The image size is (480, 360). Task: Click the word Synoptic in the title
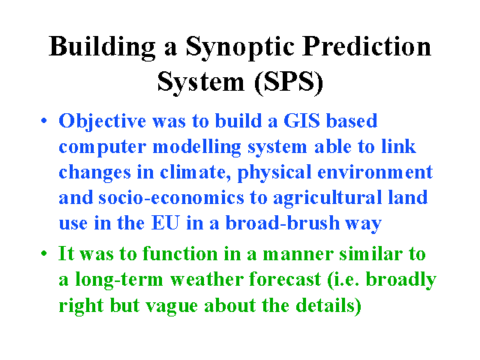click(240, 47)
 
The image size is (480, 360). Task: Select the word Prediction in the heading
click(367, 46)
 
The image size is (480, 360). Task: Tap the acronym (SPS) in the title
click(288, 82)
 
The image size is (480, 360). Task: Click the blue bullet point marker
click(44, 120)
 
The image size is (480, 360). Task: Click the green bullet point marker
click(44, 253)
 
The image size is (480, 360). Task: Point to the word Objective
click(102, 121)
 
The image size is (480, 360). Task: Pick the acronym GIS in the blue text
click(301, 121)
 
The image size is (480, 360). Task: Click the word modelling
click(196, 148)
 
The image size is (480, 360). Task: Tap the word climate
click(195, 172)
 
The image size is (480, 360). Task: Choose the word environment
click(375, 172)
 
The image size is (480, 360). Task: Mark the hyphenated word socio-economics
click(171, 198)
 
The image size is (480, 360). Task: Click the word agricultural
click(327, 199)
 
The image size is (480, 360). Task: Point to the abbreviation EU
click(165, 223)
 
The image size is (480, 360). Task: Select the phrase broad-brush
click(283, 223)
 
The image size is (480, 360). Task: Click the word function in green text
click(180, 253)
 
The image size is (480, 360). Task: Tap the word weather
click(207, 280)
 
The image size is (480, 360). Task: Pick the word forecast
click(285, 280)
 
